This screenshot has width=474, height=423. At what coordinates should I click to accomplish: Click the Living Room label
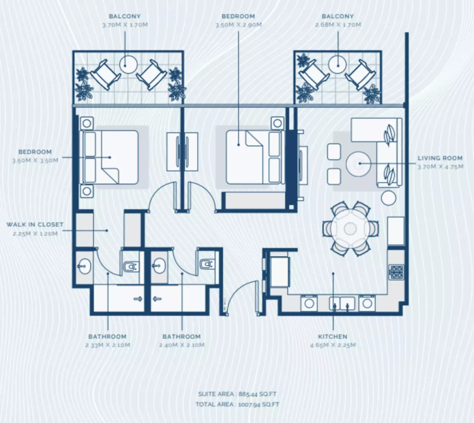coord(440,158)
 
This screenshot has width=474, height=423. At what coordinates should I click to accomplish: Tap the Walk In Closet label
coord(35,225)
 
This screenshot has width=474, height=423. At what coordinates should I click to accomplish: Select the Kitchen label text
coord(333,336)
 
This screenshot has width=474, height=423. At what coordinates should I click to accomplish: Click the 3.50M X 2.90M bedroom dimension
coord(239,25)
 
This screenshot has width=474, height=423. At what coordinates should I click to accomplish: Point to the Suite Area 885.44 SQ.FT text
coord(237,394)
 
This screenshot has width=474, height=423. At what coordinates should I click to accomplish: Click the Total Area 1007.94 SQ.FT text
coord(237,405)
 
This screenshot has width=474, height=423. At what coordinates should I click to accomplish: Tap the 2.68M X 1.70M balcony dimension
coord(338,25)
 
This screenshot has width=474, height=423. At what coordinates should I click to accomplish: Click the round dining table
coord(351,228)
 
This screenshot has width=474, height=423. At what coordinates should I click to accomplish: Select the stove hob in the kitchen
coord(396,272)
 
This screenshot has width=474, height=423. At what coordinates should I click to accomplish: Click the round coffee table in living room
coord(359,163)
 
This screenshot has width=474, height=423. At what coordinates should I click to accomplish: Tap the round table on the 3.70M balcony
coord(128,64)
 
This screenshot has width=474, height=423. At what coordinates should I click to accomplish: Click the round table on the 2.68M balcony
coord(338,64)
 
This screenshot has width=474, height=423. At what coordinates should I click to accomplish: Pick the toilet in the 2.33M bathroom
coord(131,267)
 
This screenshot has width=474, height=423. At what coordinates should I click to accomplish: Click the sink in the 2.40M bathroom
coord(159,266)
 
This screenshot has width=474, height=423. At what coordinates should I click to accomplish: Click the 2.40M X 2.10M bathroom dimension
coord(182,345)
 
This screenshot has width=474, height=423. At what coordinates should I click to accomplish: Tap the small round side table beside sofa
coord(389,198)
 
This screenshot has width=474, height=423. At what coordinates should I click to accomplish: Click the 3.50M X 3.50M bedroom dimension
coord(35,160)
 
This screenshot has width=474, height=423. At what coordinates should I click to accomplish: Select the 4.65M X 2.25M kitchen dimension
coord(333,345)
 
